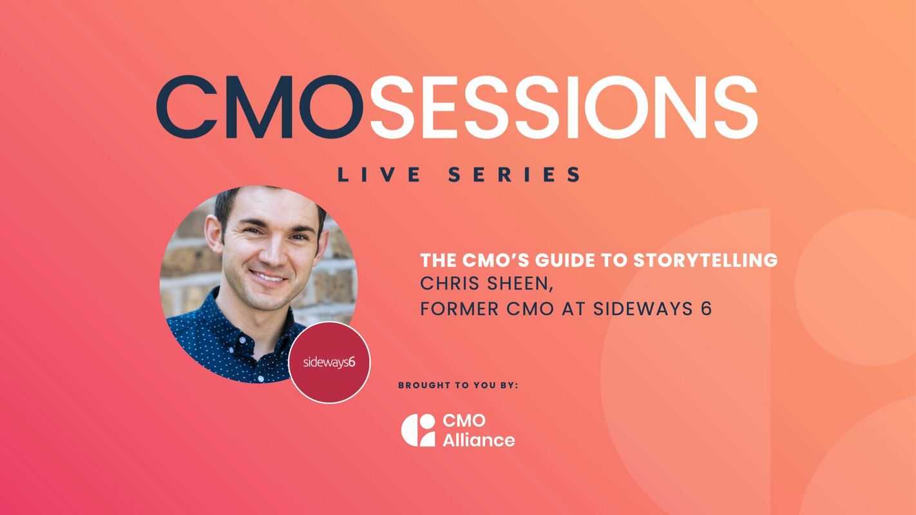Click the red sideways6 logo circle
click(329, 362)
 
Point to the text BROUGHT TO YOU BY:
click(458, 386)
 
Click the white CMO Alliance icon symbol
click(418, 430)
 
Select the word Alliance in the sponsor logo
click(479, 440)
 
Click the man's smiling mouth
click(267, 277)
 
